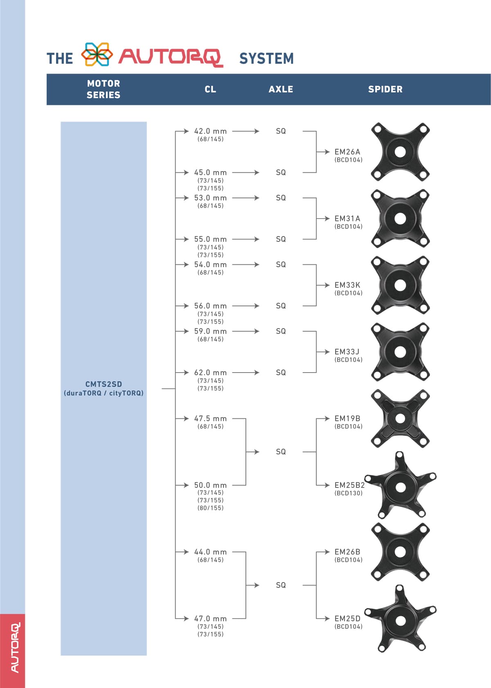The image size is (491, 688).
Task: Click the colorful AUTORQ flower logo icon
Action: [x=97, y=54]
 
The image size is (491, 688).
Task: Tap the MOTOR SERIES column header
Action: [x=104, y=89]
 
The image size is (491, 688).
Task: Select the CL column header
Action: [x=210, y=89]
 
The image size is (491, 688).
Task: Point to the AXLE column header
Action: [x=281, y=89]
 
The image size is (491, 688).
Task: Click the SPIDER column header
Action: [x=385, y=89]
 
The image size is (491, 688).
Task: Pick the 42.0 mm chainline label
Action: [x=210, y=131]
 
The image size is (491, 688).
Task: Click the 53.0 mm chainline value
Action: [x=210, y=198]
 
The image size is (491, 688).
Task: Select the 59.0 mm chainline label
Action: [x=210, y=331]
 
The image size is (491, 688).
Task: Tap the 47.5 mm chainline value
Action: [x=210, y=418]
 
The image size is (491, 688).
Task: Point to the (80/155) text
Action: [x=210, y=508]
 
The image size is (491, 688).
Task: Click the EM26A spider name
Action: [x=347, y=152]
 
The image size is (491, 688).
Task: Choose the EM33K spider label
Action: [x=347, y=285]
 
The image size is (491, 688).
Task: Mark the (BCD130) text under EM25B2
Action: [x=349, y=493]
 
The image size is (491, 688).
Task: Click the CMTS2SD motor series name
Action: [x=104, y=384]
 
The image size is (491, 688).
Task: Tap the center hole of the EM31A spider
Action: [x=400, y=219]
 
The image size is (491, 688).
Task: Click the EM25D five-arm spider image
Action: [x=400, y=618]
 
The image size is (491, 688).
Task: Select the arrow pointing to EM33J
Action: [x=323, y=352]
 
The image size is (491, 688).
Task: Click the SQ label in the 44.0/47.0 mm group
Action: [x=281, y=585]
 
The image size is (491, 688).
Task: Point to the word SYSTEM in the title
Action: [x=266, y=58]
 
